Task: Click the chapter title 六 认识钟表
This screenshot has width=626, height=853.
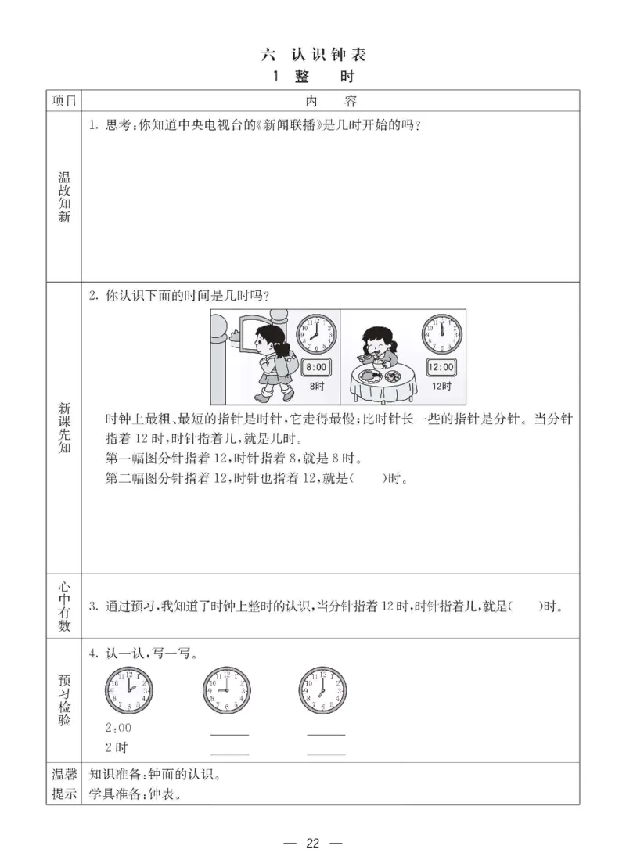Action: coord(313,55)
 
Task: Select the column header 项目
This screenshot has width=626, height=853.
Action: coord(63,101)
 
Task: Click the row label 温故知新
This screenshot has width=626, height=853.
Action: coord(63,196)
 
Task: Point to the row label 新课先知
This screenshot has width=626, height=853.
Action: coord(63,430)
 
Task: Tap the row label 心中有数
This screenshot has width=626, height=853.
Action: coord(63,606)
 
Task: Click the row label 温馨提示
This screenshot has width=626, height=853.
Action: coord(63,784)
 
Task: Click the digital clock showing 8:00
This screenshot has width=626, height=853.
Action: coord(316,367)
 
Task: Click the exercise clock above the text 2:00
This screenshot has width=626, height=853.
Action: coord(129,689)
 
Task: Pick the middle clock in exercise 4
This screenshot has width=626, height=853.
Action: coord(226,689)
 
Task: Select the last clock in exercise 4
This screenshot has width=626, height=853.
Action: coord(322,689)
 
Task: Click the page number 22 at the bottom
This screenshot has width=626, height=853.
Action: coord(313,842)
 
